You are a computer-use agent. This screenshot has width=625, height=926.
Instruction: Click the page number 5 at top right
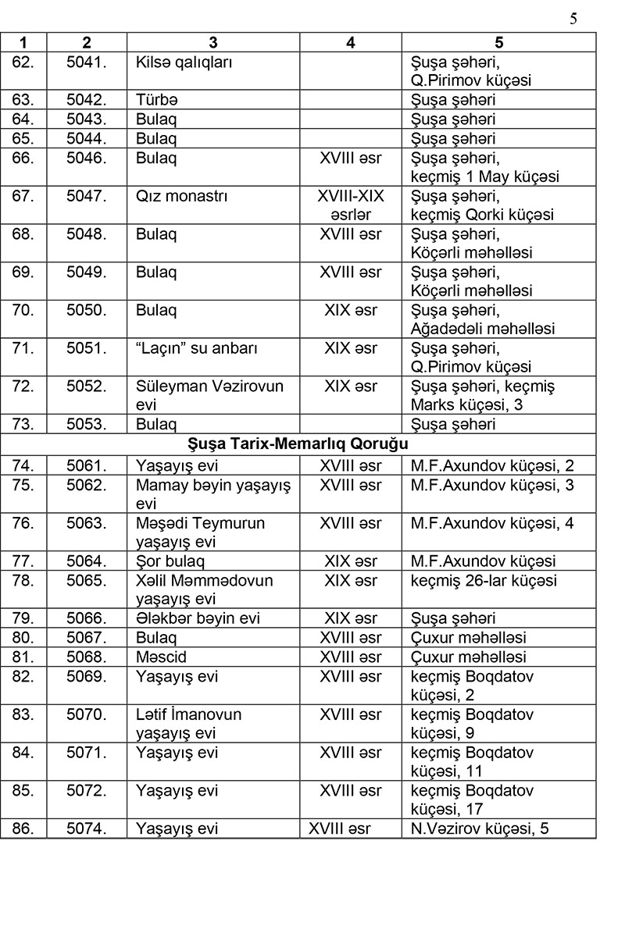tap(573, 19)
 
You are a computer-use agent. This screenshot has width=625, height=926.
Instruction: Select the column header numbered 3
tap(213, 42)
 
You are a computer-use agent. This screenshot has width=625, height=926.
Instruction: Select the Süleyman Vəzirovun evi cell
tap(209, 395)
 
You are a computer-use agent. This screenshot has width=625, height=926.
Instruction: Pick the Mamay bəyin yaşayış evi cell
tap(212, 494)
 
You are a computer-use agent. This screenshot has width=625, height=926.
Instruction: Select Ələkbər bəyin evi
tap(197, 618)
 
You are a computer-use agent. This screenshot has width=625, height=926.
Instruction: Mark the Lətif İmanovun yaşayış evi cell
tap(188, 723)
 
